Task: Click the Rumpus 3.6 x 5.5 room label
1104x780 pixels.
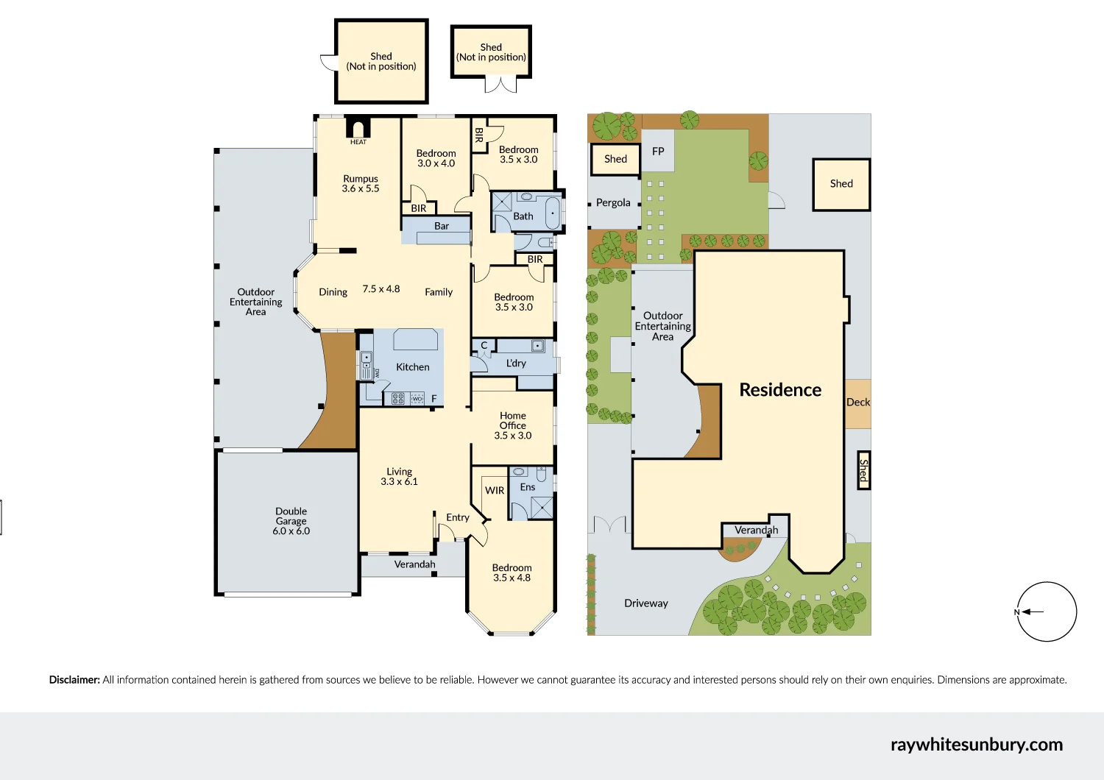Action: pos(361,184)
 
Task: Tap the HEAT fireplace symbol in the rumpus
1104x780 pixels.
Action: pos(358,129)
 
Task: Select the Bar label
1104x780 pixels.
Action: pos(442,226)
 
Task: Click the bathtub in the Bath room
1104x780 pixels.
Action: pos(552,213)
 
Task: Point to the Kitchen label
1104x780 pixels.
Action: pos(412,367)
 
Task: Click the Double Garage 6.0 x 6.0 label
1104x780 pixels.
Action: pos(291,521)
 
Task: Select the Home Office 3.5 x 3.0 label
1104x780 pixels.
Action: pos(513,425)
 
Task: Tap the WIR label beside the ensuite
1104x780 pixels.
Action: pos(495,491)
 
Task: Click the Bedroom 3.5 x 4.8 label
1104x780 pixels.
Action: pos(512,572)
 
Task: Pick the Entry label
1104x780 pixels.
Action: pos(457,517)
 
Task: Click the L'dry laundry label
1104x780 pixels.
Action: pos(516,364)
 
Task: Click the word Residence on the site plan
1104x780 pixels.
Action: pos(780,390)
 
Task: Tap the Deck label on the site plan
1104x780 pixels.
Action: pos(858,403)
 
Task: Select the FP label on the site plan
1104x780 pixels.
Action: pos(658,152)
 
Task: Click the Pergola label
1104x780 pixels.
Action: pos(613,203)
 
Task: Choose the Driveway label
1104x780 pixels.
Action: pos(646,603)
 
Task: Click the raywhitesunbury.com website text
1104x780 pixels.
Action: pos(977,745)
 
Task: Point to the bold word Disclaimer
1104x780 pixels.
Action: pos(74,680)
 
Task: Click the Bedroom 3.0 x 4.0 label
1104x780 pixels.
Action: pos(436,158)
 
